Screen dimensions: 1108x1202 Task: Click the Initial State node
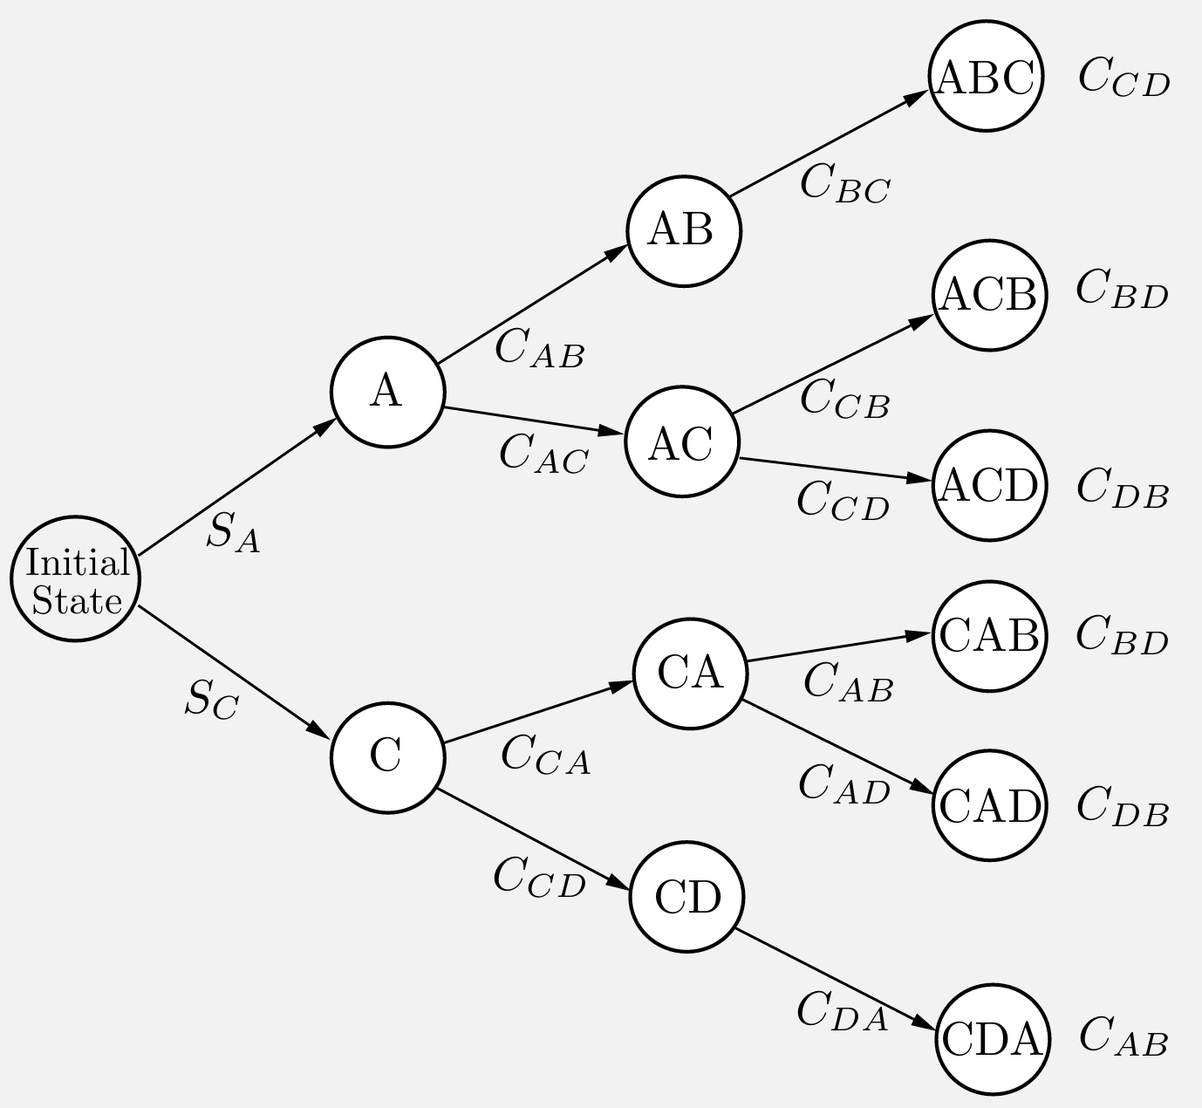[76, 579]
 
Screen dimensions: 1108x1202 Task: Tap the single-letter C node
[387, 756]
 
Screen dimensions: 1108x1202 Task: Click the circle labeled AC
[682, 442]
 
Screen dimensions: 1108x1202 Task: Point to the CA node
[689, 674]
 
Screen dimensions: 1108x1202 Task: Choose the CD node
[687, 897]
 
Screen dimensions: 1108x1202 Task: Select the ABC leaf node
[986, 77]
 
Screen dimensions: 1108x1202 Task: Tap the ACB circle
[988, 295]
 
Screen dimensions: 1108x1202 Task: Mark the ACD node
[988, 485]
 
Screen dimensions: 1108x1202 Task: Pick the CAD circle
[990, 804]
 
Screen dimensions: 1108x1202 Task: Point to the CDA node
[992, 1038]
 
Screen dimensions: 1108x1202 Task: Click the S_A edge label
[233, 532]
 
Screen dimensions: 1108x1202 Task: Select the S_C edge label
[210, 700]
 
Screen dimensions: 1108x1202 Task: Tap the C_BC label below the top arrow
[844, 185]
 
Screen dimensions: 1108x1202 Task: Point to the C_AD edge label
[843, 783]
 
